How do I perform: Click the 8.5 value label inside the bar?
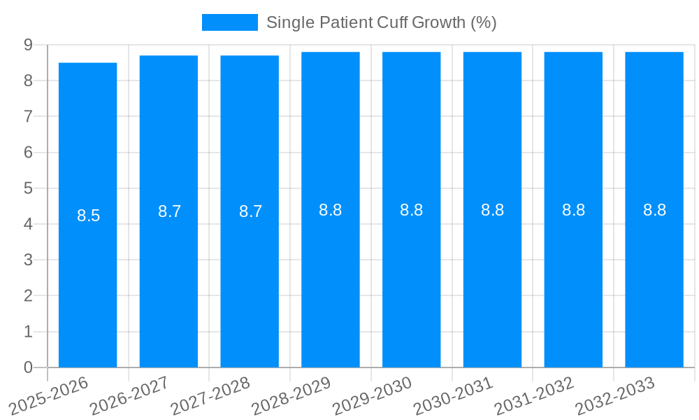coord(89,216)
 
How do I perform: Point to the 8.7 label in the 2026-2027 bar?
coord(170,211)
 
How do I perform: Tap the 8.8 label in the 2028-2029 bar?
coord(331,210)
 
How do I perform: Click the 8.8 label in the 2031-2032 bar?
coord(573,210)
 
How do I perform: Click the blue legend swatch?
coord(229,22)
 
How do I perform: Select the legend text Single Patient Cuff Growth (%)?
coord(381,22)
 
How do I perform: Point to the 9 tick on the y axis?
coord(29,45)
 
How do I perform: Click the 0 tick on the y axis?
coord(29,367)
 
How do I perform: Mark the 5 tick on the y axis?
coord(29,188)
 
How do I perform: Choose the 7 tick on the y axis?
coord(29,116)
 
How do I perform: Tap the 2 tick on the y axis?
coord(29,295)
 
